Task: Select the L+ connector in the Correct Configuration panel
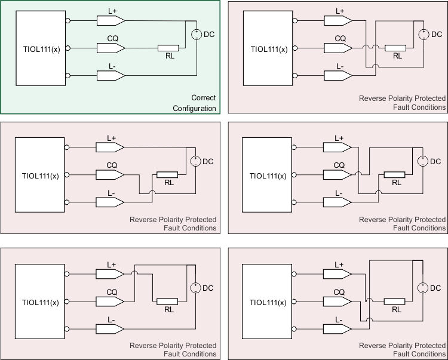(111, 20)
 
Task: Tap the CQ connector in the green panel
(111, 48)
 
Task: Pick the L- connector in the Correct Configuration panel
(111, 75)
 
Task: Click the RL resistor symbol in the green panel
(168, 48)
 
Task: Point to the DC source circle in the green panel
(196, 34)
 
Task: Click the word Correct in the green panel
(203, 98)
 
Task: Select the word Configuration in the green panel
(194, 108)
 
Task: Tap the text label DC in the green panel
(209, 34)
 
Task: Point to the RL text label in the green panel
(170, 56)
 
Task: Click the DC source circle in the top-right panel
(423, 34)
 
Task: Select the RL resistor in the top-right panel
(395, 48)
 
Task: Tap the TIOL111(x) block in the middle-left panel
(40, 175)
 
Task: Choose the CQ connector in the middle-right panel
(338, 174)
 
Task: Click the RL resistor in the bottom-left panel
(167, 301)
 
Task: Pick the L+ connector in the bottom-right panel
(338, 274)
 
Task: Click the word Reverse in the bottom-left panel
(142, 346)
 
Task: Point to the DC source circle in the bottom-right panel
(422, 288)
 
